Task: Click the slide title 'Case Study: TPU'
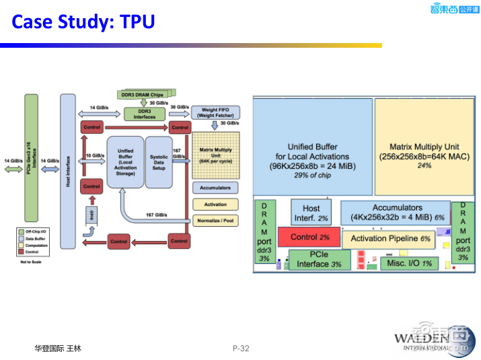(x=84, y=22)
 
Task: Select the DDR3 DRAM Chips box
(x=145, y=94)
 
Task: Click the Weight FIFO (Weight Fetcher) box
(x=215, y=112)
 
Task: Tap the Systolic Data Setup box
(x=159, y=162)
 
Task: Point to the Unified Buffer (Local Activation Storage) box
(x=125, y=162)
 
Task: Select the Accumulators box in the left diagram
(x=215, y=188)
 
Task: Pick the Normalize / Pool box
(x=215, y=220)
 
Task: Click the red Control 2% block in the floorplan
(x=309, y=237)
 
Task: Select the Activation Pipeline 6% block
(x=390, y=238)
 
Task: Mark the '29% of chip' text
(x=312, y=175)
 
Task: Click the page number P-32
(x=241, y=348)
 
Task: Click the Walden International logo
(x=431, y=340)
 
